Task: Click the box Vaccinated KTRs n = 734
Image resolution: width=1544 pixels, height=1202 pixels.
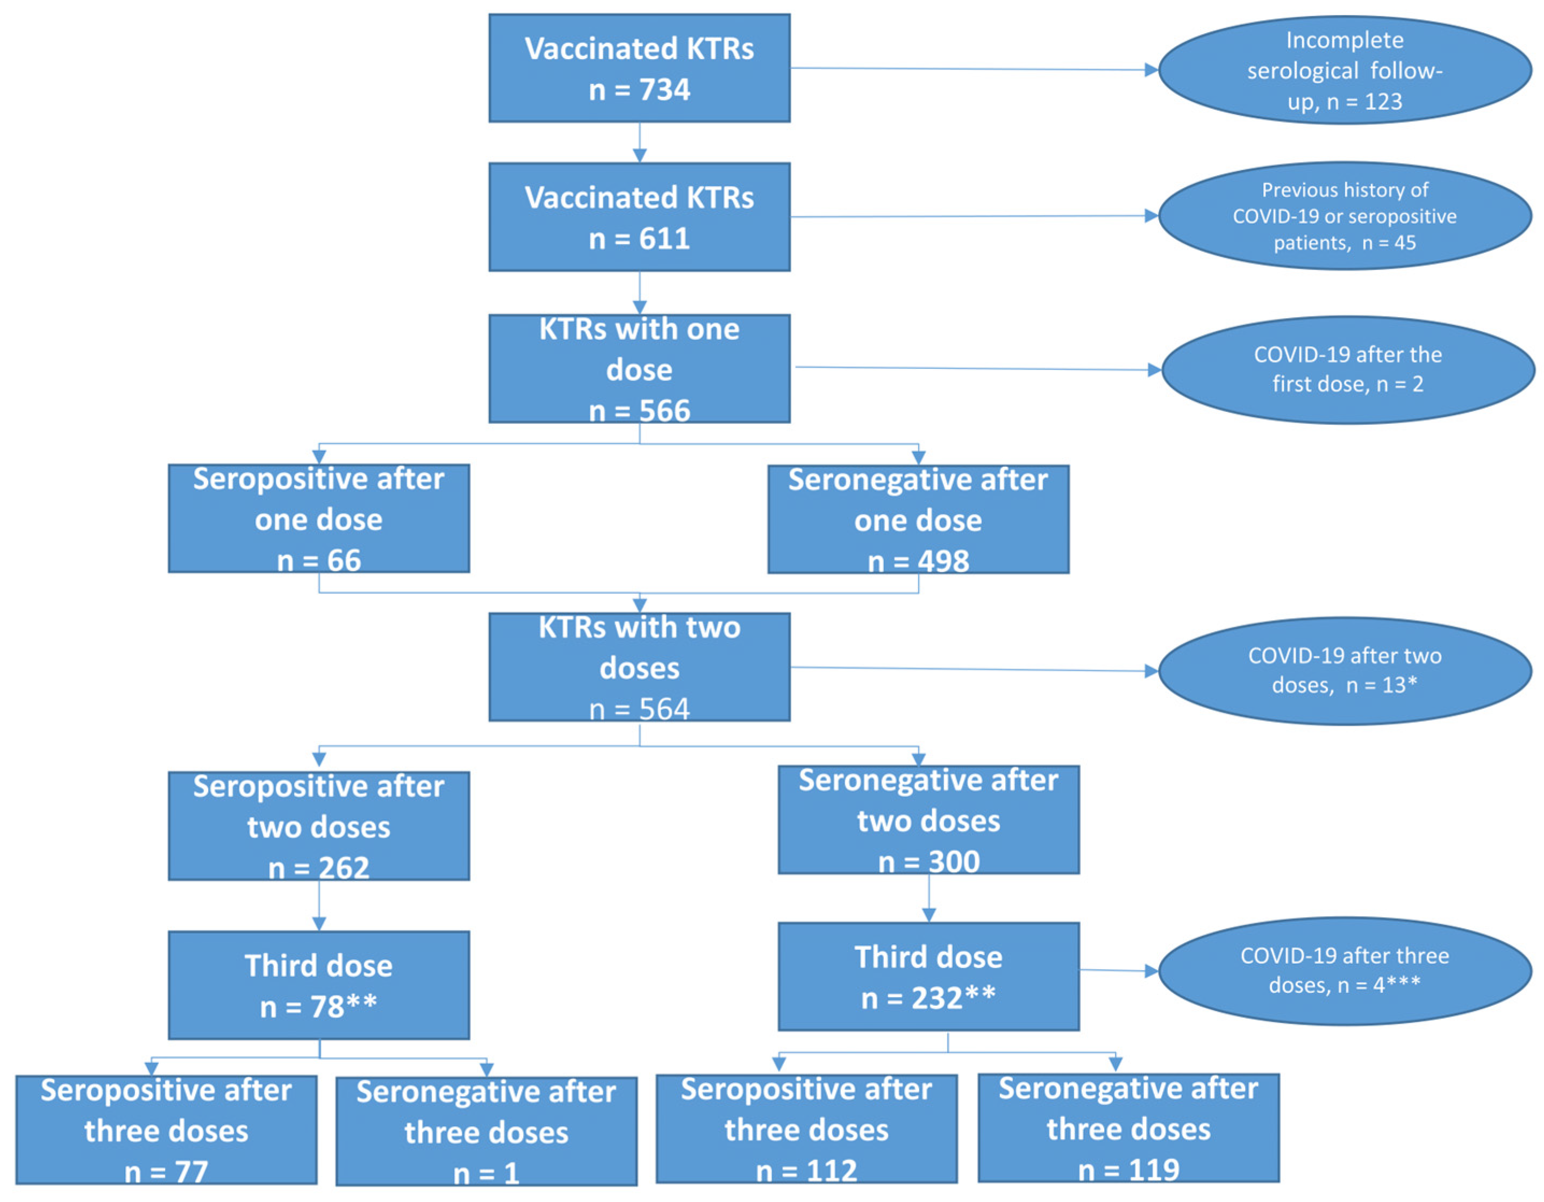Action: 639,68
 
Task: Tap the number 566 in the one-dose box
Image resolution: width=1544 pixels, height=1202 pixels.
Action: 664,411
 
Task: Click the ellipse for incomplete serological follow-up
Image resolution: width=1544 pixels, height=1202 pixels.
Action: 1344,70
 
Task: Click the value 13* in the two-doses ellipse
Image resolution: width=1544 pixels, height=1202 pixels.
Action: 1400,685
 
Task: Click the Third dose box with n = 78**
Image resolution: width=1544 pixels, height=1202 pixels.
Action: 318,984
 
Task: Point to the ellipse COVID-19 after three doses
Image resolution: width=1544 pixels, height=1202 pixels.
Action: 1344,970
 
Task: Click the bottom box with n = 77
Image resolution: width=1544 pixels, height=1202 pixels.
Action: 166,1130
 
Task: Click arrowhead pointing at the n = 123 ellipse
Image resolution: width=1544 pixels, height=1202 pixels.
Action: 1150,70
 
